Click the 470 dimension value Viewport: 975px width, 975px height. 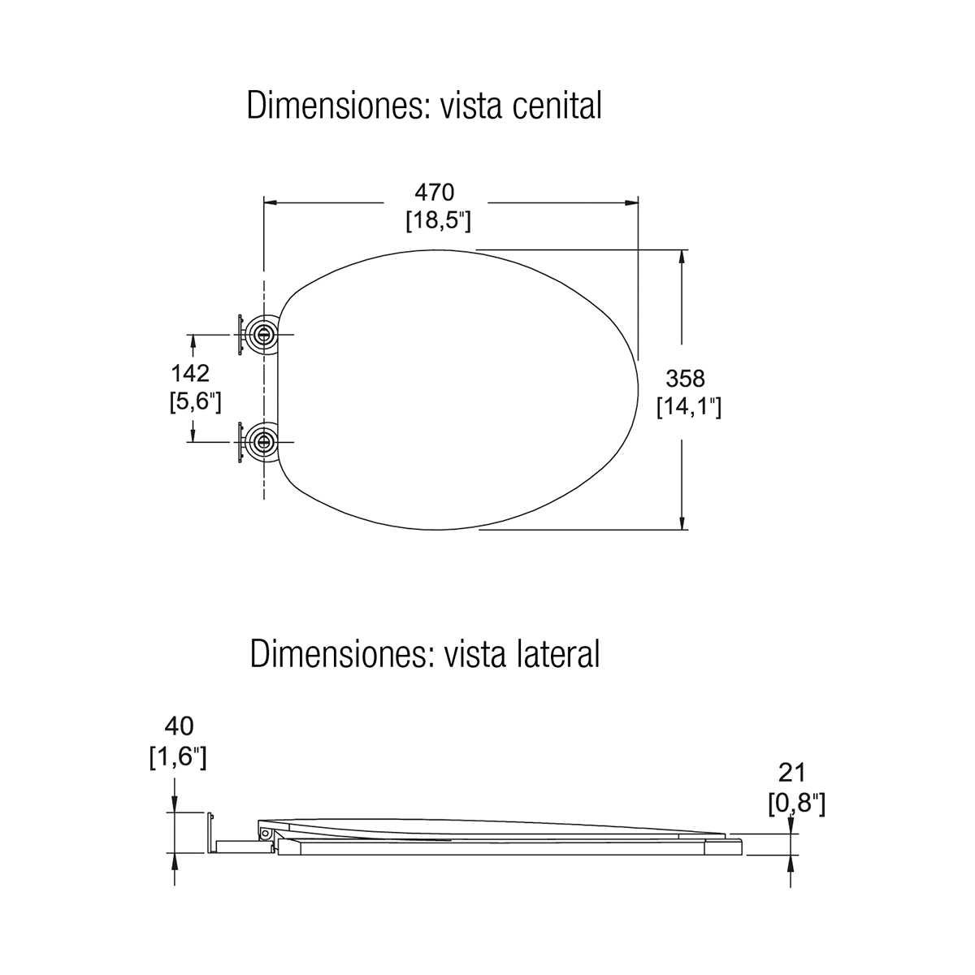point(435,193)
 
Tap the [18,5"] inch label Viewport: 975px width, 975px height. point(438,221)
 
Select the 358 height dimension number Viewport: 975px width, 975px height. point(686,379)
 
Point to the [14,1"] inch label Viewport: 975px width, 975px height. point(689,407)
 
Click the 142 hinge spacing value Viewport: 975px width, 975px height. point(190,374)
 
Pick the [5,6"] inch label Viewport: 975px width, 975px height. point(195,401)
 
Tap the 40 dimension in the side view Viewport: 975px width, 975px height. point(179,726)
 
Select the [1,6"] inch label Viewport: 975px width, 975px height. point(178,758)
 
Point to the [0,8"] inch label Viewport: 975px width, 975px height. point(797,804)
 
